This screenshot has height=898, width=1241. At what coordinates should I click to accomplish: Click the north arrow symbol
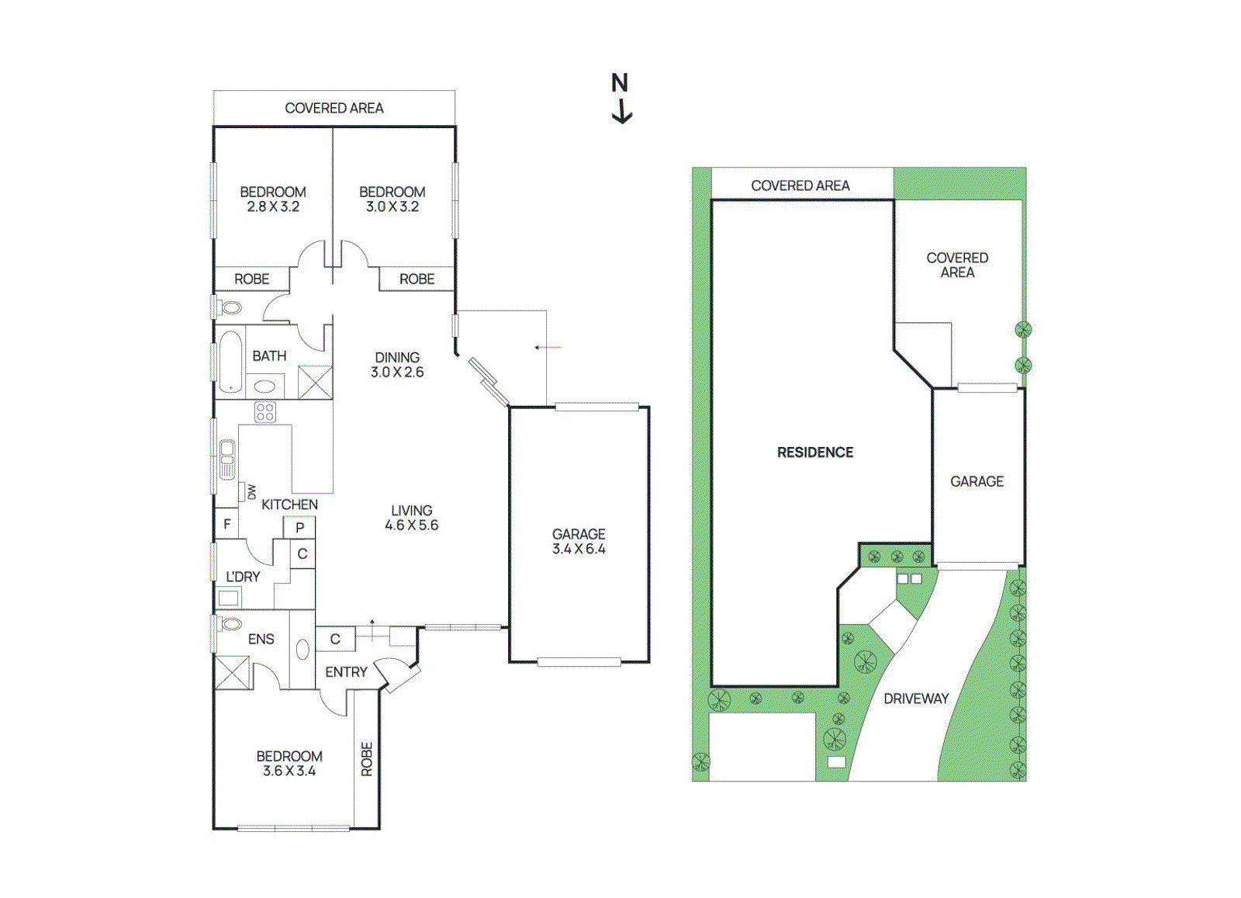[x=620, y=99]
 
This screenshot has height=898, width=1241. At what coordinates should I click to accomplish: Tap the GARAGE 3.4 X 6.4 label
[x=579, y=542]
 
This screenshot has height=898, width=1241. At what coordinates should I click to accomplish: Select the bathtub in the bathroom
[x=230, y=362]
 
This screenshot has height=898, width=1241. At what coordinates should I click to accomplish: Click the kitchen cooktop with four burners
[x=265, y=412]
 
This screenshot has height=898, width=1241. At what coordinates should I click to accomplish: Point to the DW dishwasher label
[x=251, y=491]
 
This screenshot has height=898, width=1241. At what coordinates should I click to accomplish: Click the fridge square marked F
[x=226, y=524]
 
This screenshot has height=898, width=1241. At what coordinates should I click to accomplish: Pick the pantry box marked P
[x=299, y=528]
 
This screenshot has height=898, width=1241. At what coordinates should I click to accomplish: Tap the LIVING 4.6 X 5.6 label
[x=411, y=518]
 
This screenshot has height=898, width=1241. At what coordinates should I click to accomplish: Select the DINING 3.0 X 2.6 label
[x=397, y=365]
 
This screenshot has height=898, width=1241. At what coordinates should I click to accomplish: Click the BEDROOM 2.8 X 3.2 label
[x=272, y=199]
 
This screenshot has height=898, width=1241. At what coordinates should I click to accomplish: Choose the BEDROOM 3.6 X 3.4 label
[x=289, y=763]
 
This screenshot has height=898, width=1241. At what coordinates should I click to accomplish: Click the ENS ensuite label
[x=261, y=639]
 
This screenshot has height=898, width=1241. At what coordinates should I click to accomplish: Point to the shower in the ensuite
[x=232, y=672]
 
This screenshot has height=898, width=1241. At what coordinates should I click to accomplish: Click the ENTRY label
[x=346, y=672]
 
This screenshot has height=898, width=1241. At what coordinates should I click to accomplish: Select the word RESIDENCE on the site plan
[x=815, y=452]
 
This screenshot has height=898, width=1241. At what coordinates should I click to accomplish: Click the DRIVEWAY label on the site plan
[x=916, y=699]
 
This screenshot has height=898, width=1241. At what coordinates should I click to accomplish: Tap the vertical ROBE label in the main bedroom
[x=367, y=759]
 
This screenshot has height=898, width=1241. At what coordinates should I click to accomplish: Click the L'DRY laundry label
[x=243, y=577]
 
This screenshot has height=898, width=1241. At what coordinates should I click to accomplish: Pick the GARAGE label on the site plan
[x=977, y=481]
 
